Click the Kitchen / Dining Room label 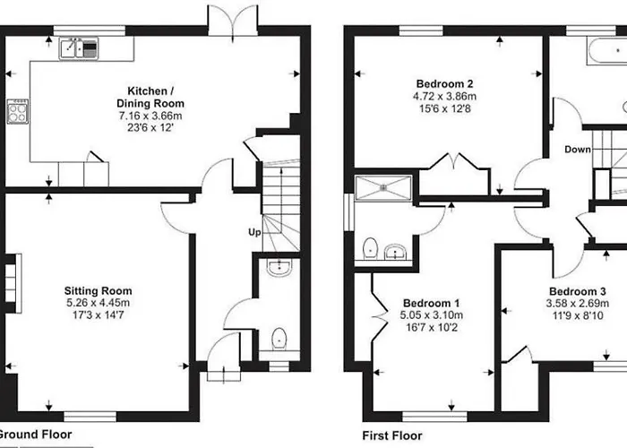pos(150,97)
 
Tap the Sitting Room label pos(98,291)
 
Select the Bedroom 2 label pos(444,83)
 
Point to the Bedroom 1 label pos(432,303)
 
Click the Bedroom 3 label pos(578,291)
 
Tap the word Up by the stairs pos(254,232)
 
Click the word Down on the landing pos(578,150)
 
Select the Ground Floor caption pos(34,435)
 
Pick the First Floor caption pos(392,435)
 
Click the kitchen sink pos(79,48)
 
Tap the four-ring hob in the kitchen pos(18,111)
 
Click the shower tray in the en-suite pos(383,187)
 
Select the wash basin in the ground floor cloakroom pos(279,268)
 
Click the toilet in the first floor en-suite pos(370,249)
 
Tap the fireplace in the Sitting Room pos(13,283)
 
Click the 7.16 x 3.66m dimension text pos(150,116)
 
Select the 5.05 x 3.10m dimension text pos(432,315)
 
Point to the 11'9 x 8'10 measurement pos(578,316)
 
